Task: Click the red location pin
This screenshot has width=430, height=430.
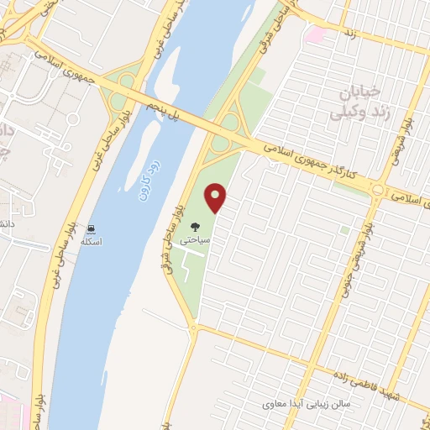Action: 217,197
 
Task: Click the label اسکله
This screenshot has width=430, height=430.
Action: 90,242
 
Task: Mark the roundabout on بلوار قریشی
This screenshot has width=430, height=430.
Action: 379,191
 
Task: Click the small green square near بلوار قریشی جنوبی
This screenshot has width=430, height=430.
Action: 344,229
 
